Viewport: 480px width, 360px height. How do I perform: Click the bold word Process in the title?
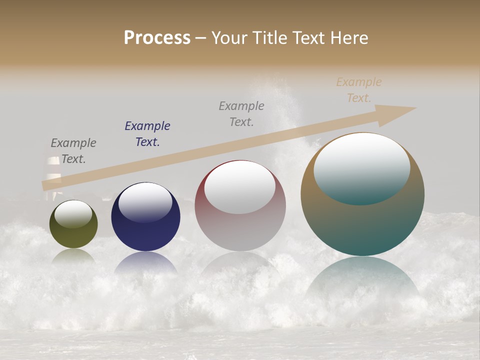[x=157, y=38]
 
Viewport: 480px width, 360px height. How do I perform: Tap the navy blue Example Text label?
[x=147, y=134]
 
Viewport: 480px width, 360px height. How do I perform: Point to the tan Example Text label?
[x=359, y=90]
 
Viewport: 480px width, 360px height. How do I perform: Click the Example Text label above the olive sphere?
[x=73, y=151]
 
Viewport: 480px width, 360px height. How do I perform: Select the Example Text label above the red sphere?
[x=241, y=114]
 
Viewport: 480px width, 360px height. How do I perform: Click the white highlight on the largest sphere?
[x=362, y=168]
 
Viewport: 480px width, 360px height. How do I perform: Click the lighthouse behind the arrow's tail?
[x=53, y=170]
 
